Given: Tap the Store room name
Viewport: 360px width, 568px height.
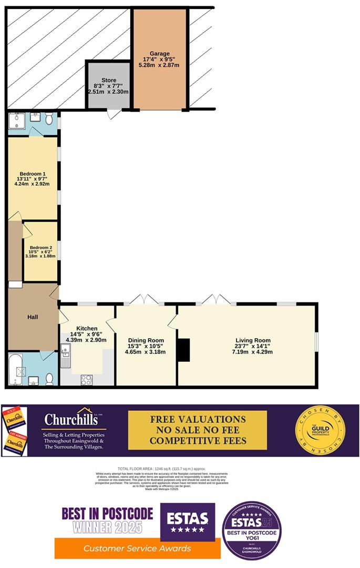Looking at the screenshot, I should (109, 80).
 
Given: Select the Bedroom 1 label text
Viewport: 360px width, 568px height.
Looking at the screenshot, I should (33, 174).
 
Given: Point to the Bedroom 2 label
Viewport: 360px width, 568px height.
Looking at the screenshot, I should (40, 247).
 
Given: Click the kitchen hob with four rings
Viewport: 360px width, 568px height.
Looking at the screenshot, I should (86, 380).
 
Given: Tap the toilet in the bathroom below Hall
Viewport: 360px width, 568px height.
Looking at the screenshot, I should (50, 379).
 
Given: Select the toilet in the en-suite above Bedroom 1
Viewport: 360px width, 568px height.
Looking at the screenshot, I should (48, 117).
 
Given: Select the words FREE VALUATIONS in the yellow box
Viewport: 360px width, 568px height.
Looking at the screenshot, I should (198, 419).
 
